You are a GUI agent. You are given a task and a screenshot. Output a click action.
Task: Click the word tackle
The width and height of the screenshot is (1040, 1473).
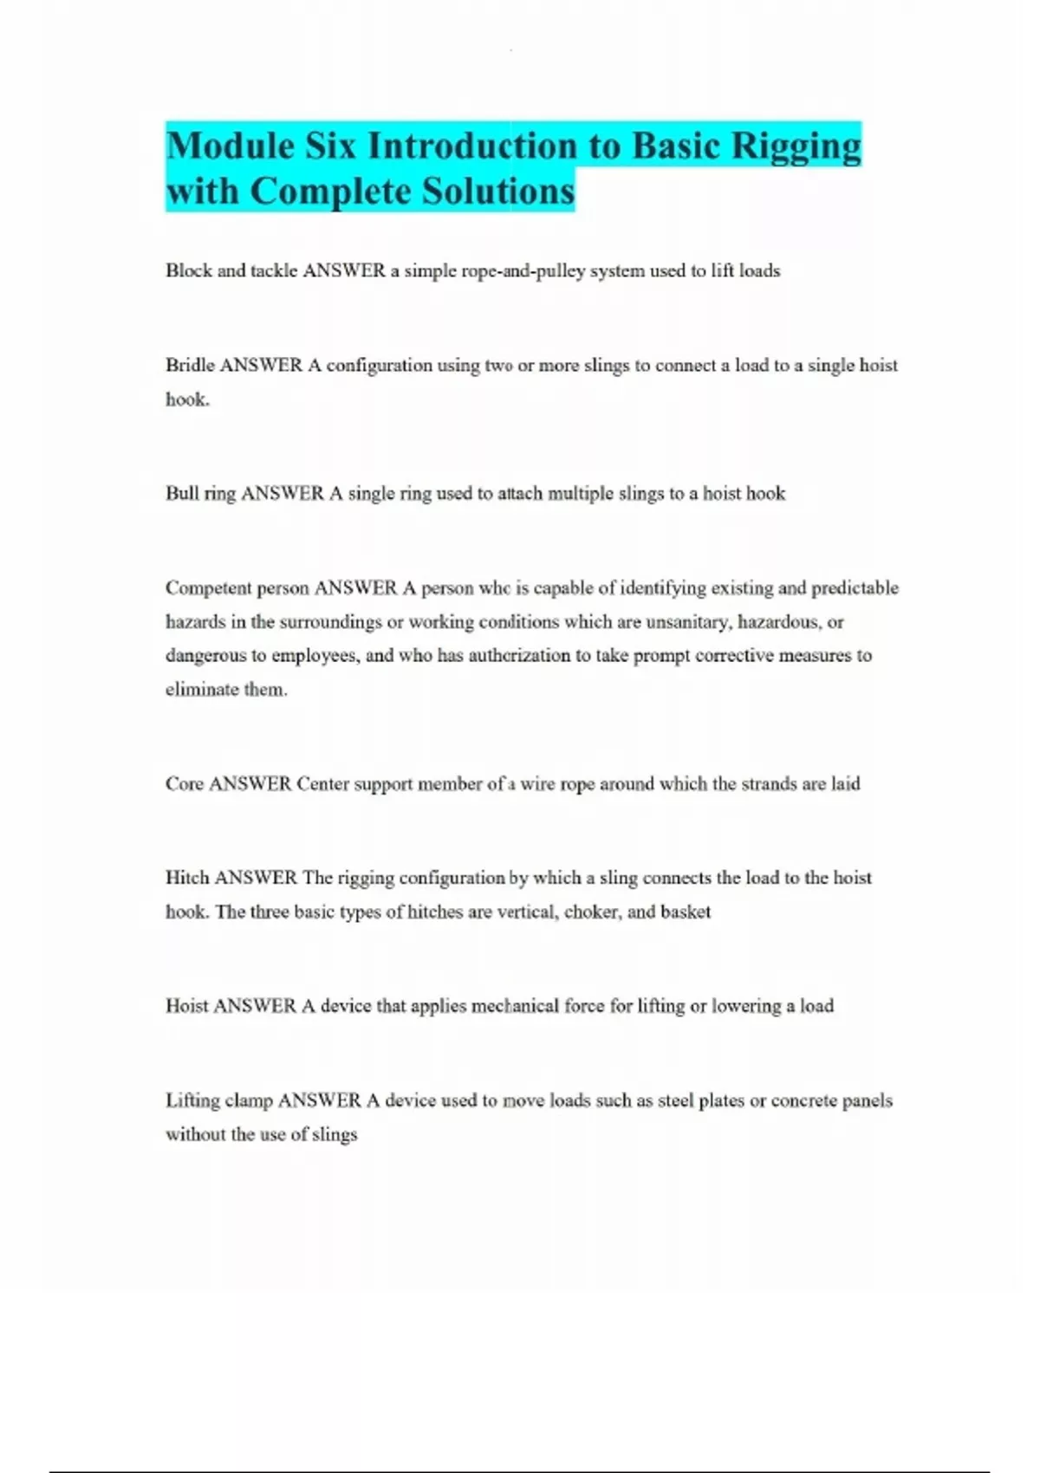pyautogui.click(x=274, y=270)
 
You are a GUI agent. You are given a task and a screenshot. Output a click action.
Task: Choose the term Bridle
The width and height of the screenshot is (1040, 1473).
pyautogui.click(x=190, y=365)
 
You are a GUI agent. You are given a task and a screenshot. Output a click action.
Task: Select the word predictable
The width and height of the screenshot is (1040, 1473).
pyautogui.click(x=855, y=588)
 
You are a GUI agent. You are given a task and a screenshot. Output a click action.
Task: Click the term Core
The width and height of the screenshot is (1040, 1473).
pyautogui.click(x=184, y=783)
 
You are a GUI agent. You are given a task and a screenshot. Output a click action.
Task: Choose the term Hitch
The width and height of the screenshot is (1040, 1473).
pyautogui.click(x=186, y=878)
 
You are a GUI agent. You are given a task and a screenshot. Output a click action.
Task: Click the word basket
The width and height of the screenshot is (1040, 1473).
pyautogui.click(x=686, y=912)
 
